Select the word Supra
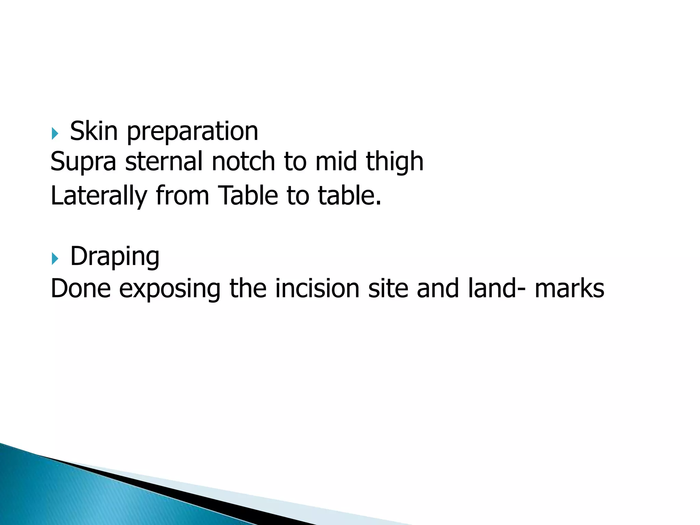click(83, 162)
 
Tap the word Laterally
click(99, 196)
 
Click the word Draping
click(115, 257)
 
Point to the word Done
click(81, 288)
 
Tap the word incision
click(317, 288)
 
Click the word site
click(388, 288)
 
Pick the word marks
click(569, 288)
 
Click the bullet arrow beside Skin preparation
click(55, 133)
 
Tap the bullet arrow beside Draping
click(55, 258)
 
